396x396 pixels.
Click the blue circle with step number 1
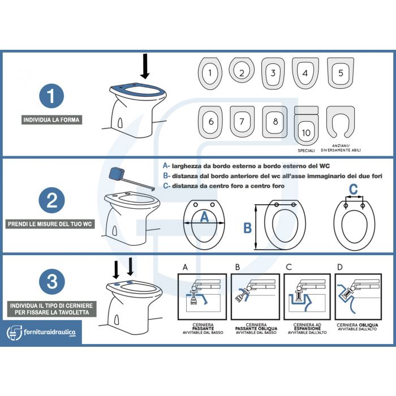point(51,96)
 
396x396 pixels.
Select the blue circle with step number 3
point(51,281)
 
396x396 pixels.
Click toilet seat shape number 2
point(242,72)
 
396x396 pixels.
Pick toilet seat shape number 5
point(340,73)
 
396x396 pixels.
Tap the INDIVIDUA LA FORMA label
point(51,120)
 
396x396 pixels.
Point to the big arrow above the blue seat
point(145,66)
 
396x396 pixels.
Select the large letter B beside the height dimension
point(247,228)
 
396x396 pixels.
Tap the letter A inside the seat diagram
point(205,216)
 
